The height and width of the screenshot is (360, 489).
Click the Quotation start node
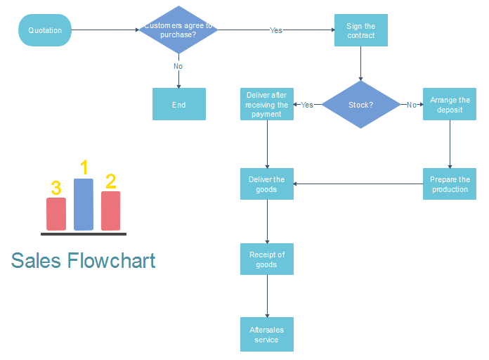[45, 30]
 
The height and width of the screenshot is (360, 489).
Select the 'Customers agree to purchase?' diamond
[178, 30]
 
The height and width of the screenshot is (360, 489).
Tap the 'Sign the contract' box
[360, 31]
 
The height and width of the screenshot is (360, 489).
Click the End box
[179, 104]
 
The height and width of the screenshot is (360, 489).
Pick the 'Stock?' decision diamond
[360, 105]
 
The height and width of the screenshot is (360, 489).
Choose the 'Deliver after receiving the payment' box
[267, 104]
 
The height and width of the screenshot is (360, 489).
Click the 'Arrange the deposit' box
[450, 104]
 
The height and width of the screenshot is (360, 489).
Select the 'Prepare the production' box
[450, 184]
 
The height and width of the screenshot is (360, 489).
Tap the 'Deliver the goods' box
[267, 184]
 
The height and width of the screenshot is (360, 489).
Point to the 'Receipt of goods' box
[267, 259]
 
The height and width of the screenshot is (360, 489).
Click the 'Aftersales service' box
[267, 335]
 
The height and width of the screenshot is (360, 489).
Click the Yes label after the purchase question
[276, 30]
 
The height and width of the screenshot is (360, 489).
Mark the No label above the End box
[178, 66]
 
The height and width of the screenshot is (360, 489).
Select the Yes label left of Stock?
[307, 105]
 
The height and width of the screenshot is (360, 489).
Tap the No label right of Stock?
[412, 105]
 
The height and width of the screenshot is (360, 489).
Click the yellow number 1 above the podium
[84, 167]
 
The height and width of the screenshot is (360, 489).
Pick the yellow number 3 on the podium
[56, 188]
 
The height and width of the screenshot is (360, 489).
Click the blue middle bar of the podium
[84, 205]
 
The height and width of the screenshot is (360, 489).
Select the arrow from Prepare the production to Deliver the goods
[358, 184]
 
